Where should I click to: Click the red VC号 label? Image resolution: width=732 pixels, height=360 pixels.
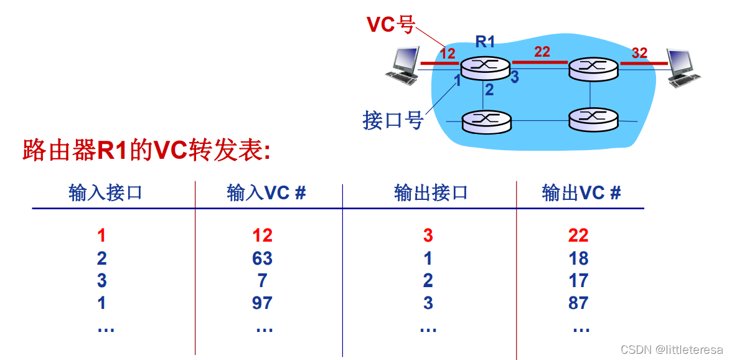click(391, 24)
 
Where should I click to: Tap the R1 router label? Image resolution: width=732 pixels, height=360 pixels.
click(485, 42)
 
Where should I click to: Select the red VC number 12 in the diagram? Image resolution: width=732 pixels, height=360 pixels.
click(447, 53)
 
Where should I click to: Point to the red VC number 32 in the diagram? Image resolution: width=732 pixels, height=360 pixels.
click(640, 53)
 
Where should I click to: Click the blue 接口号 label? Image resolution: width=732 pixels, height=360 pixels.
click(393, 120)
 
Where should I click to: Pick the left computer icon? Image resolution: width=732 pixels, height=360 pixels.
click(402, 65)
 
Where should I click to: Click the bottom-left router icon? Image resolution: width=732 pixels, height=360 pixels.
click(486, 120)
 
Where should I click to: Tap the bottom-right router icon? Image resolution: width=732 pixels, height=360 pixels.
click(594, 120)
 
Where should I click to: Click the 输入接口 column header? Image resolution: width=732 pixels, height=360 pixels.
click(105, 193)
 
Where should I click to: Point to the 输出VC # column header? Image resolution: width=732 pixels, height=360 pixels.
click(581, 193)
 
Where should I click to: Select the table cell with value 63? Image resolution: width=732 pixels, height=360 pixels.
click(263, 258)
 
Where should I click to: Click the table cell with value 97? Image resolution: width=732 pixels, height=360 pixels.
click(263, 303)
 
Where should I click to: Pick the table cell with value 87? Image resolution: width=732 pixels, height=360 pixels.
click(578, 303)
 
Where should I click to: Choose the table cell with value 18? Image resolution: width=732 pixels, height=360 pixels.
click(578, 258)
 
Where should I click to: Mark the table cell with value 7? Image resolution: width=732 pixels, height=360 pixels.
click(263, 281)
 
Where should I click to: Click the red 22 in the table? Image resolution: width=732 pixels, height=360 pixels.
click(578, 236)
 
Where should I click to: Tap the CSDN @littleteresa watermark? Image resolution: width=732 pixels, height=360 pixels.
click(672, 349)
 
